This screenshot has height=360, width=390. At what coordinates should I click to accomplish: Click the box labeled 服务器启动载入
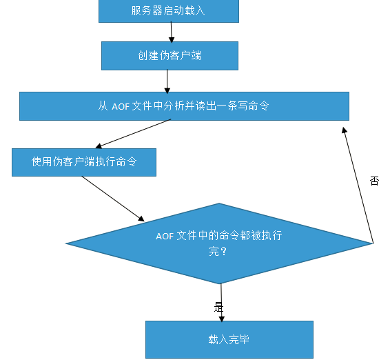pos(169,11)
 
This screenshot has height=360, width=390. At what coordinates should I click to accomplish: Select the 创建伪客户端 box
pos(170,56)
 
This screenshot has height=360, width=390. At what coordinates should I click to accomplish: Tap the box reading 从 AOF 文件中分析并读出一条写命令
pos(184,106)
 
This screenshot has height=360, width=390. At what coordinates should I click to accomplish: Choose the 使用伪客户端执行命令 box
pos(83,162)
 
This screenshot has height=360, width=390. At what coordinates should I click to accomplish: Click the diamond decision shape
pos(219,243)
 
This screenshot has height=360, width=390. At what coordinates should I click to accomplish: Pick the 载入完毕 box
pos(229,339)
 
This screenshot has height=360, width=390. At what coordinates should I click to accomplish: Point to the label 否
pos(374,181)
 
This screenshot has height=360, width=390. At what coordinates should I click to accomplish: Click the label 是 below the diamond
pos(219,308)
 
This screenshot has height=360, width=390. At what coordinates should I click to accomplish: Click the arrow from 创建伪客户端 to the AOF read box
pos(167,81)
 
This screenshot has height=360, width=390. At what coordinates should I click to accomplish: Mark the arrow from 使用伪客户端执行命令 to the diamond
pos(113,199)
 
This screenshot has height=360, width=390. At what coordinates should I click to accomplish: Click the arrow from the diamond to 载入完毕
pos(221,302)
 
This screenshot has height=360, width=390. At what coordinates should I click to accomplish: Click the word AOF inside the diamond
pos(165,236)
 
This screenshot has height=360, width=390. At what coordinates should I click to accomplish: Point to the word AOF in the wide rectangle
pos(121,106)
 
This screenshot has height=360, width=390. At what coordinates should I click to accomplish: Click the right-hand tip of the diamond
pos(371,243)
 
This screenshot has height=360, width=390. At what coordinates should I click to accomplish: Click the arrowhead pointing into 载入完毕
pos(222,317)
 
